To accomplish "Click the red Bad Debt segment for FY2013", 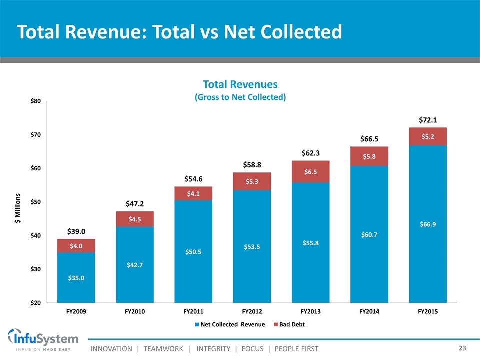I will click(310, 171).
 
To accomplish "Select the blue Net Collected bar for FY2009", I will click(76, 277).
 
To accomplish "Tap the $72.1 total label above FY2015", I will click(428, 120).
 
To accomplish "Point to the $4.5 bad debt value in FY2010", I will click(135, 219).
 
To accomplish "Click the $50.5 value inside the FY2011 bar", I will click(193, 252).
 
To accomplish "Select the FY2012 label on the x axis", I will click(252, 312).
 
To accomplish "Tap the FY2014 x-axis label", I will click(369, 312).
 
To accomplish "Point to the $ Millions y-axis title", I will click(19, 202).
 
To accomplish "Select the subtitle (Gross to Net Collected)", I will click(240, 97).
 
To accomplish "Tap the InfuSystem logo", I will click(43, 340).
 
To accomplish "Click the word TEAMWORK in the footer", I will click(163, 348).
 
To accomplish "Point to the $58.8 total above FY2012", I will click(252, 164).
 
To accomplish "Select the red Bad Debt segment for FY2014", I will click(369, 156).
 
